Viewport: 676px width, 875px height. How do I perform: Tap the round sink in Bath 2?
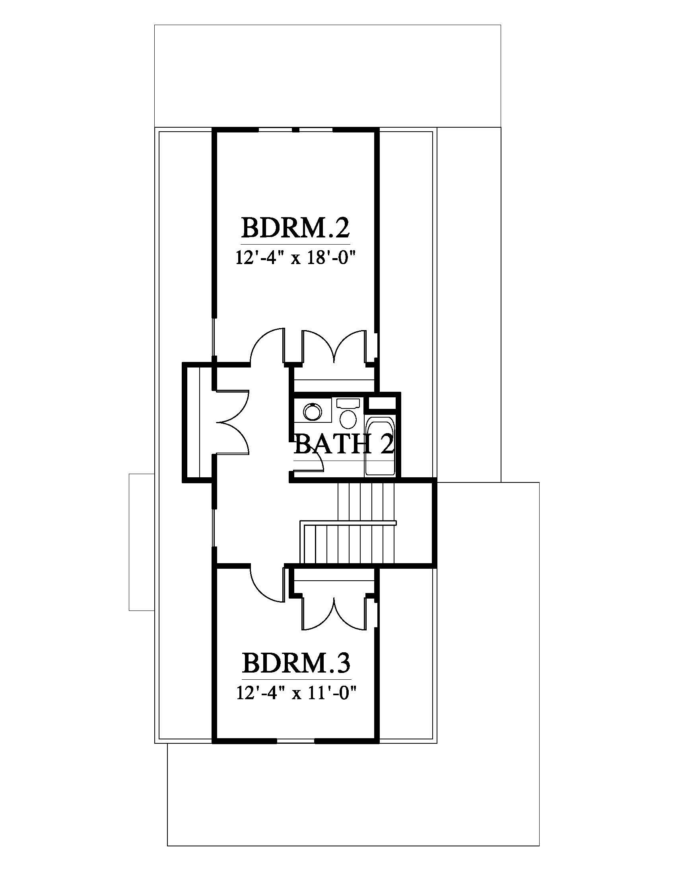pos(313,412)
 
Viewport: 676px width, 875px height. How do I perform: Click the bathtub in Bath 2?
pos(380,446)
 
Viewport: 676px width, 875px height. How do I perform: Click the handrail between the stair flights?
pos(348,523)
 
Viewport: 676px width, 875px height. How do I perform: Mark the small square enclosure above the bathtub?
pos(382,402)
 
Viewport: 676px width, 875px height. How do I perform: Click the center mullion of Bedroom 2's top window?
pos(295,130)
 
